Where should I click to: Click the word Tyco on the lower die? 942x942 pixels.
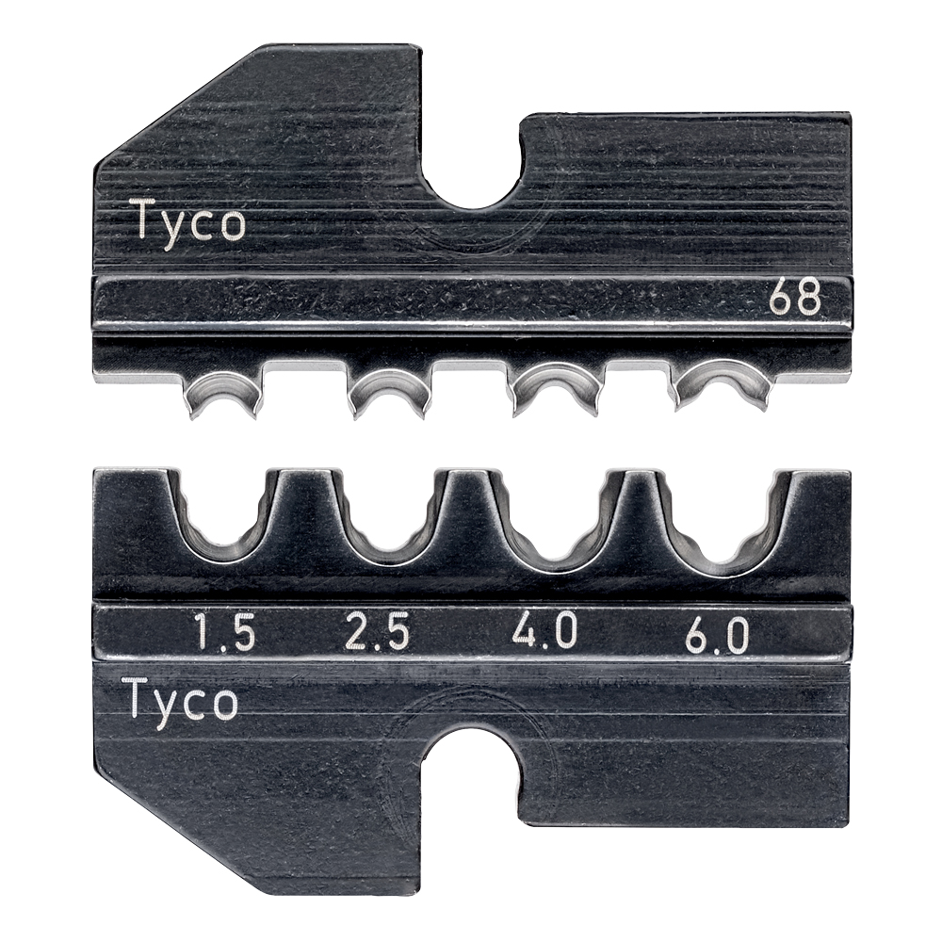tap(180, 702)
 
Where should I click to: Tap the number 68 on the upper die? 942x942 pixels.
tap(794, 299)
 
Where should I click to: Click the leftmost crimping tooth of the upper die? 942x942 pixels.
tap(224, 391)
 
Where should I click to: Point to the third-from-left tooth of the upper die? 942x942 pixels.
tap(557, 388)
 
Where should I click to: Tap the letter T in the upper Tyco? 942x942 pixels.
tap(144, 221)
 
